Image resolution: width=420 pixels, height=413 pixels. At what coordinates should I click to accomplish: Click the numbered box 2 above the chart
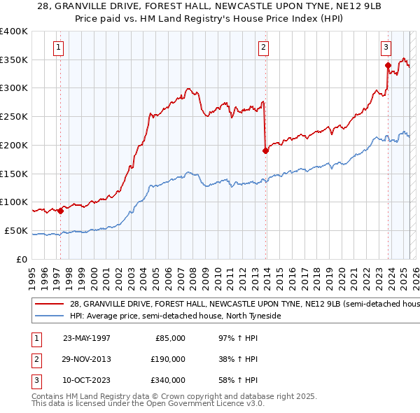click(263, 48)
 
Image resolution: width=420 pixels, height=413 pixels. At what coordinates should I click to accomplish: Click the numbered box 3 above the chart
click(386, 48)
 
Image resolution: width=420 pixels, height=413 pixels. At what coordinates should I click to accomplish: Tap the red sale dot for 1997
click(61, 210)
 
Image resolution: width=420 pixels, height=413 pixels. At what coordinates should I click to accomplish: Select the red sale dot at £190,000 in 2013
click(265, 150)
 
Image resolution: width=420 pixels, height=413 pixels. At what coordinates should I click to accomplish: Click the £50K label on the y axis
click(16, 230)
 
